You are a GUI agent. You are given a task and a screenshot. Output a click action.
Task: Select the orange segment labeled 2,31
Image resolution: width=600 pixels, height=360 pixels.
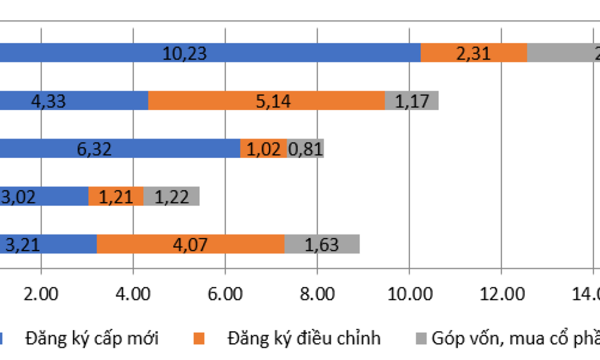pyautogui.click(x=474, y=53)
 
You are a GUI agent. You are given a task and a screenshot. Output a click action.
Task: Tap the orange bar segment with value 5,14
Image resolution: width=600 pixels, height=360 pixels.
pyautogui.click(x=266, y=101)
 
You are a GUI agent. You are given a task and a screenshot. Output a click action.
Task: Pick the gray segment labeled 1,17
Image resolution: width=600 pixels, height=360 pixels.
pyautogui.click(x=411, y=101)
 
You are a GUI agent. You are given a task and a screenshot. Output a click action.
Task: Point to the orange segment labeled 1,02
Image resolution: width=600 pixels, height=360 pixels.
pyautogui.click(x=263, y=149)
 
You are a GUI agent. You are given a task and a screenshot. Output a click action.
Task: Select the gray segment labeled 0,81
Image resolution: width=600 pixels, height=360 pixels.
pyautogui.click(x=305, y=149)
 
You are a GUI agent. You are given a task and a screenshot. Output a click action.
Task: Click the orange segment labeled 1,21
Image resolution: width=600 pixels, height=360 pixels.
pyautogui.click(x=116, y=197)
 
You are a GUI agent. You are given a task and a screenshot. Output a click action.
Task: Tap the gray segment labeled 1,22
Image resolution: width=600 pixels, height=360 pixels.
pyautogui.click(x=171, y=197)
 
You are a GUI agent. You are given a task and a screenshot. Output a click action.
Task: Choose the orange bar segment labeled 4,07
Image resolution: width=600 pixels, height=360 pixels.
pyautogui.click(x=190, y=245)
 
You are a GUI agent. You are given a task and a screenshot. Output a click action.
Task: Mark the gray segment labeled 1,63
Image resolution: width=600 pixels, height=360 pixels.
pyautogui.click(x=322, y=245)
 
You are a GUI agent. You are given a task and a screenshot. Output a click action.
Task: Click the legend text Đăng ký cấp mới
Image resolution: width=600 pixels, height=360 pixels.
pyautogui.click(x=91, y=338)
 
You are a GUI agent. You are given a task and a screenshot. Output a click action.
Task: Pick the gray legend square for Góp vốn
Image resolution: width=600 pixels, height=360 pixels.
pyautogui.click(x=421, y=339)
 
